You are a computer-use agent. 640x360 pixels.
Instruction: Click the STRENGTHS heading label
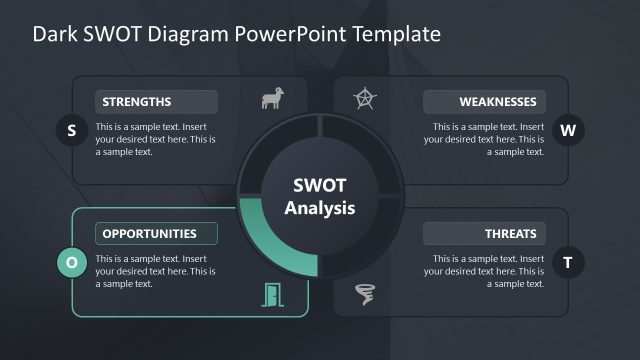click(x=156, y=101)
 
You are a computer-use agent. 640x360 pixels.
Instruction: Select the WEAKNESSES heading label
click(x=484, y=101)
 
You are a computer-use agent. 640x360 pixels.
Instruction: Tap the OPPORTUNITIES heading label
click(x=156, y=234)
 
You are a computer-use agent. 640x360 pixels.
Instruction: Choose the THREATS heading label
click(x=484, y=234)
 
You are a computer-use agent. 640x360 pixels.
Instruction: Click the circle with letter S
click(x=71, y=130)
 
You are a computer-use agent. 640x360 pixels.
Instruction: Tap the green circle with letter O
click(x=71, y=263)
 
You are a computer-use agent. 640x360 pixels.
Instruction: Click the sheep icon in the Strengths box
click(x=271, y=99)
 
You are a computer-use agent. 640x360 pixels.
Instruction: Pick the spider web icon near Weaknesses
click(x=366, y=99)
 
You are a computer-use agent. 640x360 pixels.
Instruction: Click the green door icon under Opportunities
click(x=271, y=294)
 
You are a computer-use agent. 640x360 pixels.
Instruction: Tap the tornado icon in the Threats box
click(x=366, y=294)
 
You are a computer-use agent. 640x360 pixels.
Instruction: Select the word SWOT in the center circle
click(x=319, y=186)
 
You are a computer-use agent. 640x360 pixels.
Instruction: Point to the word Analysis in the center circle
click(x=319, y=208)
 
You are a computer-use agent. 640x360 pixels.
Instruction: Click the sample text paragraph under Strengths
click(x=155, y=140)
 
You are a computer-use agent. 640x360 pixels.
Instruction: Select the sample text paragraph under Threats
click(x=484, y=271)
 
